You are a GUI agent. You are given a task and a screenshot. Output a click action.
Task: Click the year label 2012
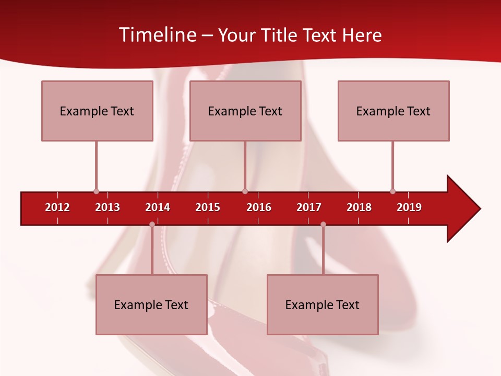[57, 207]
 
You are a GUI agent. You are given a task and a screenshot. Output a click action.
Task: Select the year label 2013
[108, 207]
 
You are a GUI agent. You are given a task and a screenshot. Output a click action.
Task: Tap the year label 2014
[158, 207]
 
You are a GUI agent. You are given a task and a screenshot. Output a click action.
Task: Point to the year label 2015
[208, 207]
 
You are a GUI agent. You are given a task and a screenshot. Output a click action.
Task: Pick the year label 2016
[259, 207]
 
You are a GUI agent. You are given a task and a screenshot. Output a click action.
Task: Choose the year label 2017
[309, 207]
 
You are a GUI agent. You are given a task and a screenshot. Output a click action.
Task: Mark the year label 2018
[359, 207]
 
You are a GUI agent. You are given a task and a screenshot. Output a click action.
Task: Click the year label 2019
[409, 207]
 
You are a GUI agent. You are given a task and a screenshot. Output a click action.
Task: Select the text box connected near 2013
[97, 111]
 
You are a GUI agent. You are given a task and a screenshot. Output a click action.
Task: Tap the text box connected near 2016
[245, 111]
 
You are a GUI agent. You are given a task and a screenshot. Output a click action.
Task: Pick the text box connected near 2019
[393, 111]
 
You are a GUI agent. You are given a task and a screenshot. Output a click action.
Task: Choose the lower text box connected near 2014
[151, 304]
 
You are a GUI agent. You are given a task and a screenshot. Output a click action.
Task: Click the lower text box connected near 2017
[323, 304]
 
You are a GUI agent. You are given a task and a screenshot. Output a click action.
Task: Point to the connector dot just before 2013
[96, 191]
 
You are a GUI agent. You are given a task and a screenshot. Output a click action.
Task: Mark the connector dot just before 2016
[245, 191]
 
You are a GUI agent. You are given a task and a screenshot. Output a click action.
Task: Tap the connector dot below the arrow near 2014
[152, 225]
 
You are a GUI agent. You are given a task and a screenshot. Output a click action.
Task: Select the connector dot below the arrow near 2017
[323, 225]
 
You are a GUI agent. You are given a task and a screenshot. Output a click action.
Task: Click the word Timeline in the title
[157, 35]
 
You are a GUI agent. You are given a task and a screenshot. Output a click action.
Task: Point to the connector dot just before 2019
[392, 191]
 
